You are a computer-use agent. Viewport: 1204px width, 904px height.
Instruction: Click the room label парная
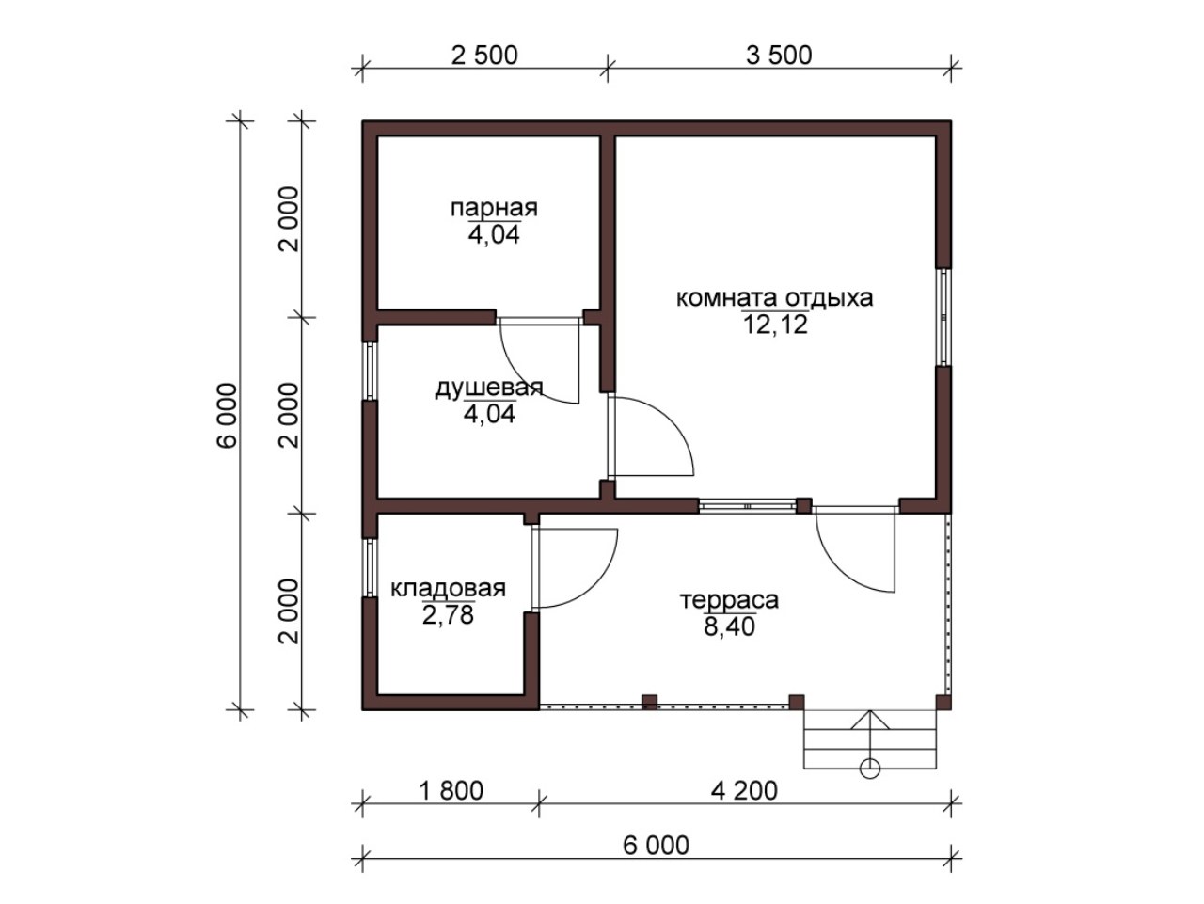[494, 209]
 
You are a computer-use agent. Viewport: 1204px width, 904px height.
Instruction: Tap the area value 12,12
[775, 325]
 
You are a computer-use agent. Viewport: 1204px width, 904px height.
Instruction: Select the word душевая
[489, 389]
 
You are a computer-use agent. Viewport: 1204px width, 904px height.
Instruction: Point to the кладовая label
[448, 589]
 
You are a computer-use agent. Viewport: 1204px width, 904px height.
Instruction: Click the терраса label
[729, 600]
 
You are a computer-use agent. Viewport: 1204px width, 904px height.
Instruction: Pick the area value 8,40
[729, 626]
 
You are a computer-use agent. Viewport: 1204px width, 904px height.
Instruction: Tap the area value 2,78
[448, 615]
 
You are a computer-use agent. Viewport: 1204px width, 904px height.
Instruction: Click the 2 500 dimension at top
[484, 56]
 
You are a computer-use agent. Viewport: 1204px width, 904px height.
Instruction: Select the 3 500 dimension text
[779, 56]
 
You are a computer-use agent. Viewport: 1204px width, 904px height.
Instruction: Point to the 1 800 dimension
[451, 790]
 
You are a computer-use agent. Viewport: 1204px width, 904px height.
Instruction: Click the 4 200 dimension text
[744, 790]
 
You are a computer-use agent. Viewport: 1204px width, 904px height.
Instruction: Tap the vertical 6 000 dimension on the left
[227, 415]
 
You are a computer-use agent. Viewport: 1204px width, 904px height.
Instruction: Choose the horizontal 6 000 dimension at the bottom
[656, 846]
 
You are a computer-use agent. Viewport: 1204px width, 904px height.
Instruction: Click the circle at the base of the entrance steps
[870, 769]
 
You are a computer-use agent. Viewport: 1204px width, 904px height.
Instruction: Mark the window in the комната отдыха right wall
[943, 317]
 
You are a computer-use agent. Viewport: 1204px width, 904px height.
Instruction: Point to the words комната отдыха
[774, 299]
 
